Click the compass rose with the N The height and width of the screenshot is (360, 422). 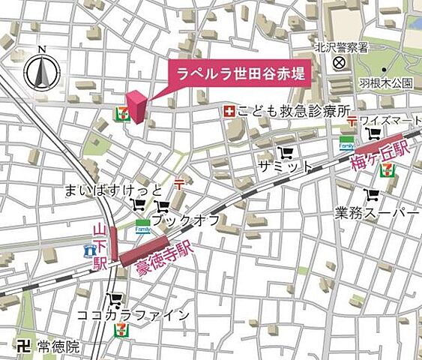[x=41, y=71]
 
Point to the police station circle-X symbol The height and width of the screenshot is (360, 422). [x=339, y=63]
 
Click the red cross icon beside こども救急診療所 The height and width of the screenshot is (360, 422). [x=226, y=111]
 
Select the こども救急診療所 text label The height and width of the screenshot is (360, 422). [x=293, y=111]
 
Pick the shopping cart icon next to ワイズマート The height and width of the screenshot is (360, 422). [x=372, y=134]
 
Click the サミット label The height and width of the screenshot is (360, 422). [x=283, y=165]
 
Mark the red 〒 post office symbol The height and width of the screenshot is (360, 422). [x=179, y=183]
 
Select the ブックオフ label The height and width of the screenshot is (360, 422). [x=185, y=220]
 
